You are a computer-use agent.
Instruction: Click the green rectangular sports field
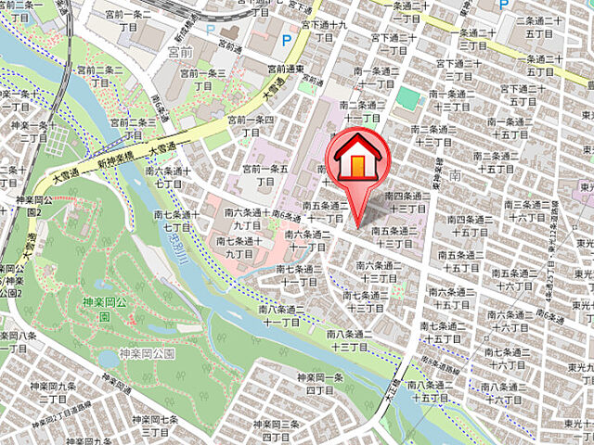coord(407,96)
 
